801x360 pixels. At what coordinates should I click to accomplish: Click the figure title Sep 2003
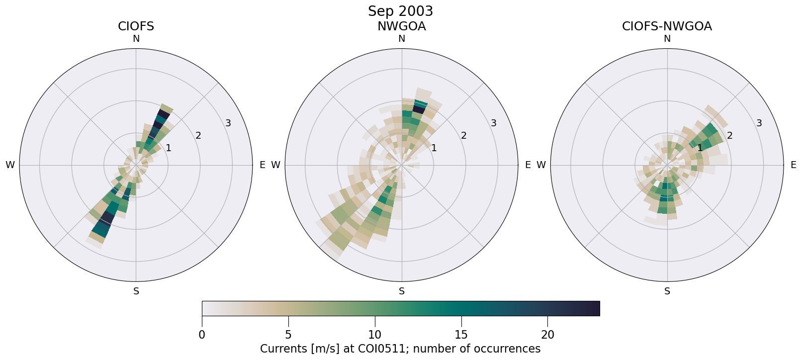(400, 11)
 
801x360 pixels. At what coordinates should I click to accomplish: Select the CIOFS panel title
(136, 26)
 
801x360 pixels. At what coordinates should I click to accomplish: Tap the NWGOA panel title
(401, 26)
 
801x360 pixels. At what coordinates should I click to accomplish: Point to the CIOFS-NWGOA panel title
(667, 26)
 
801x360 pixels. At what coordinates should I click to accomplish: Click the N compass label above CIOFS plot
(136, 39)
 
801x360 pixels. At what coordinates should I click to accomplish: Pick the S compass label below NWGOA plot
(402, 291)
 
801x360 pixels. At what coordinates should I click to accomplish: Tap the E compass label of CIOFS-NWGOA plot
(794, 165)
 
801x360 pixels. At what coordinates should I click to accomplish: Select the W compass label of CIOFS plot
(10, 165)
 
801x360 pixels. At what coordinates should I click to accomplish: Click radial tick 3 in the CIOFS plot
(228, 123)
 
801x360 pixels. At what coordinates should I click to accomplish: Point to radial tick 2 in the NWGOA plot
(464, 135)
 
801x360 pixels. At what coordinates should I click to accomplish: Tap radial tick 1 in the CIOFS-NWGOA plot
(700, 148)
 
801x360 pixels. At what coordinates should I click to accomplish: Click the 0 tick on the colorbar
(202, 335)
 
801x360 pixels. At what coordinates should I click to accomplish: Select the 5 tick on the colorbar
(288, 335)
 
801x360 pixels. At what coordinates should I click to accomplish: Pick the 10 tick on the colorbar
(375, 335)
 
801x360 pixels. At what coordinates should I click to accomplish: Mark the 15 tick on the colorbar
(461, 335)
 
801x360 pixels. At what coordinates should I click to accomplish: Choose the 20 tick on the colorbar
(548, 335)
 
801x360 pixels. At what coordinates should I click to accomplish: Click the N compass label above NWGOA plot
(402, 39)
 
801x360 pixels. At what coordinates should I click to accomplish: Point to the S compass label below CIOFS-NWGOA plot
(667, 291)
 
